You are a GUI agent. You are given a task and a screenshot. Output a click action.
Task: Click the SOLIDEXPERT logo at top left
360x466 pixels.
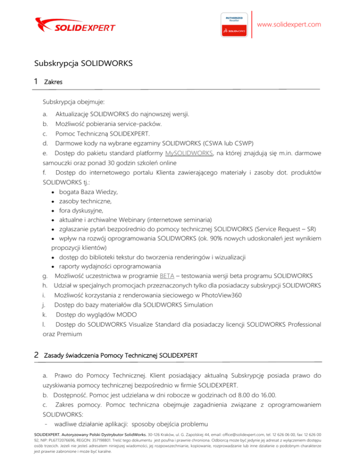[x=75, y=24]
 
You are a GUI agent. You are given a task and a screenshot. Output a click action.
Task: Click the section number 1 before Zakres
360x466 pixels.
[x=36, y=82]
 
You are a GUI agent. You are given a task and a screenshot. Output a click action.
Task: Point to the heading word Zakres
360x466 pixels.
[x=53, y=82]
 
